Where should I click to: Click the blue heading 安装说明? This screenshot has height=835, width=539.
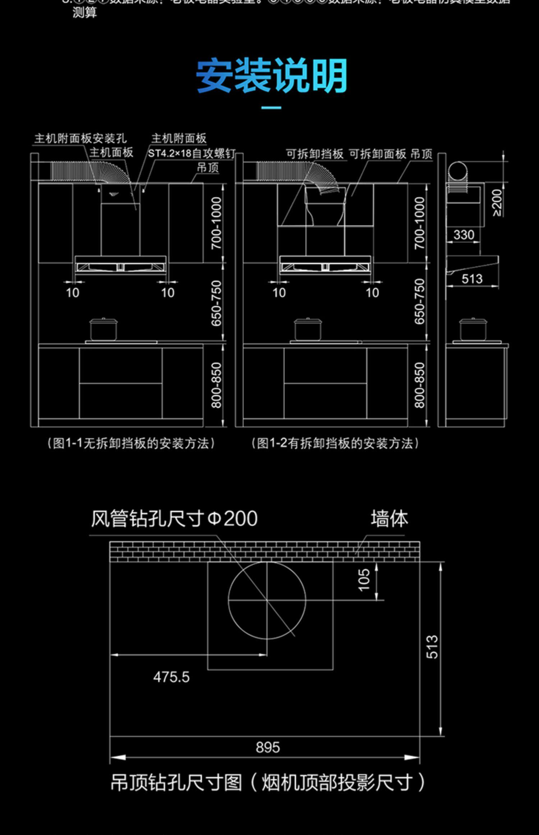(271, 76)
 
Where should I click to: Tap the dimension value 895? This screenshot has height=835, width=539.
(268, 747)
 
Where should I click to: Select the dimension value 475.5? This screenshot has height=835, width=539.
(171, 677)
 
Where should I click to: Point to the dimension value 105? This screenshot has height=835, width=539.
(364, 579)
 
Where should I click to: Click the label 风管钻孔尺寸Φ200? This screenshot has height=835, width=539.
(174, 519)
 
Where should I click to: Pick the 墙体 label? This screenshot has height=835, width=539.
(390, 519)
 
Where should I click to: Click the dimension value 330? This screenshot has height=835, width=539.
(464, 235)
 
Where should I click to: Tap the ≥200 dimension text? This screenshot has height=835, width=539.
(497, 203)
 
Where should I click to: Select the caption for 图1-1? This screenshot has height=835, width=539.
(131, 443)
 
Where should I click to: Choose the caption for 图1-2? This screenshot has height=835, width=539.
(335, 443)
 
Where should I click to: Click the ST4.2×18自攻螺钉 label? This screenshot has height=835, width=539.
(192, 154)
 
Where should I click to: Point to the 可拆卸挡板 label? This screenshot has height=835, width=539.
(315, 154)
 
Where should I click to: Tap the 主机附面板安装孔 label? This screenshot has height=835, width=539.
(80, 138)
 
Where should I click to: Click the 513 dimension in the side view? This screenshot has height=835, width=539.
(472, 279)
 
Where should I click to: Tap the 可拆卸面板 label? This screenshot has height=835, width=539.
(378, 154)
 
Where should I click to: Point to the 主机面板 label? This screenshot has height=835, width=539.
(111, 152)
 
